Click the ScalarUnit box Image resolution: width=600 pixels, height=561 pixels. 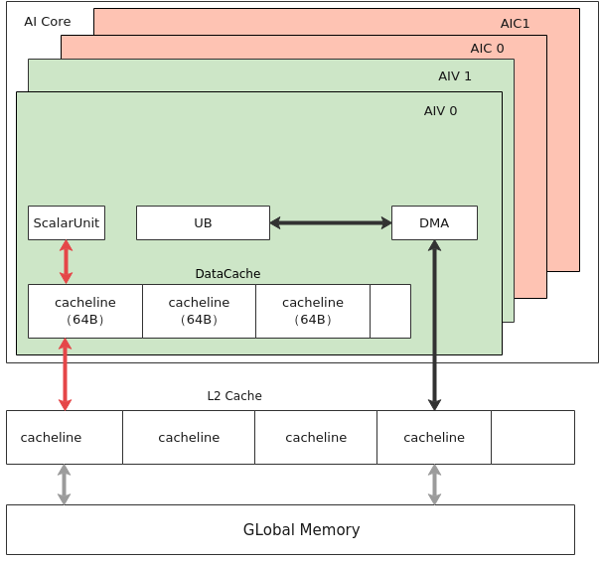pos(67,223)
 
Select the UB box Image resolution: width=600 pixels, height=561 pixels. pos(204,223)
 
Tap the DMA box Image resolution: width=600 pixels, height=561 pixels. pos(435,223)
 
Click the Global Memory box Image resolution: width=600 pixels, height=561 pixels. pos(290,529)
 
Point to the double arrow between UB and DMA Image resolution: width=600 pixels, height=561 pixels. pos(331,223)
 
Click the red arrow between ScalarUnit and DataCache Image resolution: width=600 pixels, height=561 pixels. pos(67,262)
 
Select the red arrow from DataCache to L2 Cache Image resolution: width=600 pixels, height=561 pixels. pos(65,374)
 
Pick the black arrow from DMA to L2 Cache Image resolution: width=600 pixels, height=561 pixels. pos(435,326)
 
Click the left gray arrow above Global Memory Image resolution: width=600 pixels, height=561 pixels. pos(64,485)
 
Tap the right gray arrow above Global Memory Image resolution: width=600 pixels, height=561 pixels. pos(435,485)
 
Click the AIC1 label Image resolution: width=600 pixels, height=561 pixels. pos(515,24)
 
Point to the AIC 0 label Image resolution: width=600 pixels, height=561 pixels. pos(487,49)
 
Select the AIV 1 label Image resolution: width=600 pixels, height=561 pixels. pos(455,76)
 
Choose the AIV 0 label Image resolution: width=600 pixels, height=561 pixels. pos(440,111)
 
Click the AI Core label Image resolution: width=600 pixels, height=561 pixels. pos(48,22)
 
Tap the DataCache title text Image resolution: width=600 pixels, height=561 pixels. pos(227,274)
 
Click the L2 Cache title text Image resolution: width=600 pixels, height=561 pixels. pos(234,396)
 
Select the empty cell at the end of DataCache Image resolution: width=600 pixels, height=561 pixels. pos(390,312)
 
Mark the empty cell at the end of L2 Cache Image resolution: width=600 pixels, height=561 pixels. pos(533,438)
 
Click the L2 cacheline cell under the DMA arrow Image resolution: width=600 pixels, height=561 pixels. pos(434,438)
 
